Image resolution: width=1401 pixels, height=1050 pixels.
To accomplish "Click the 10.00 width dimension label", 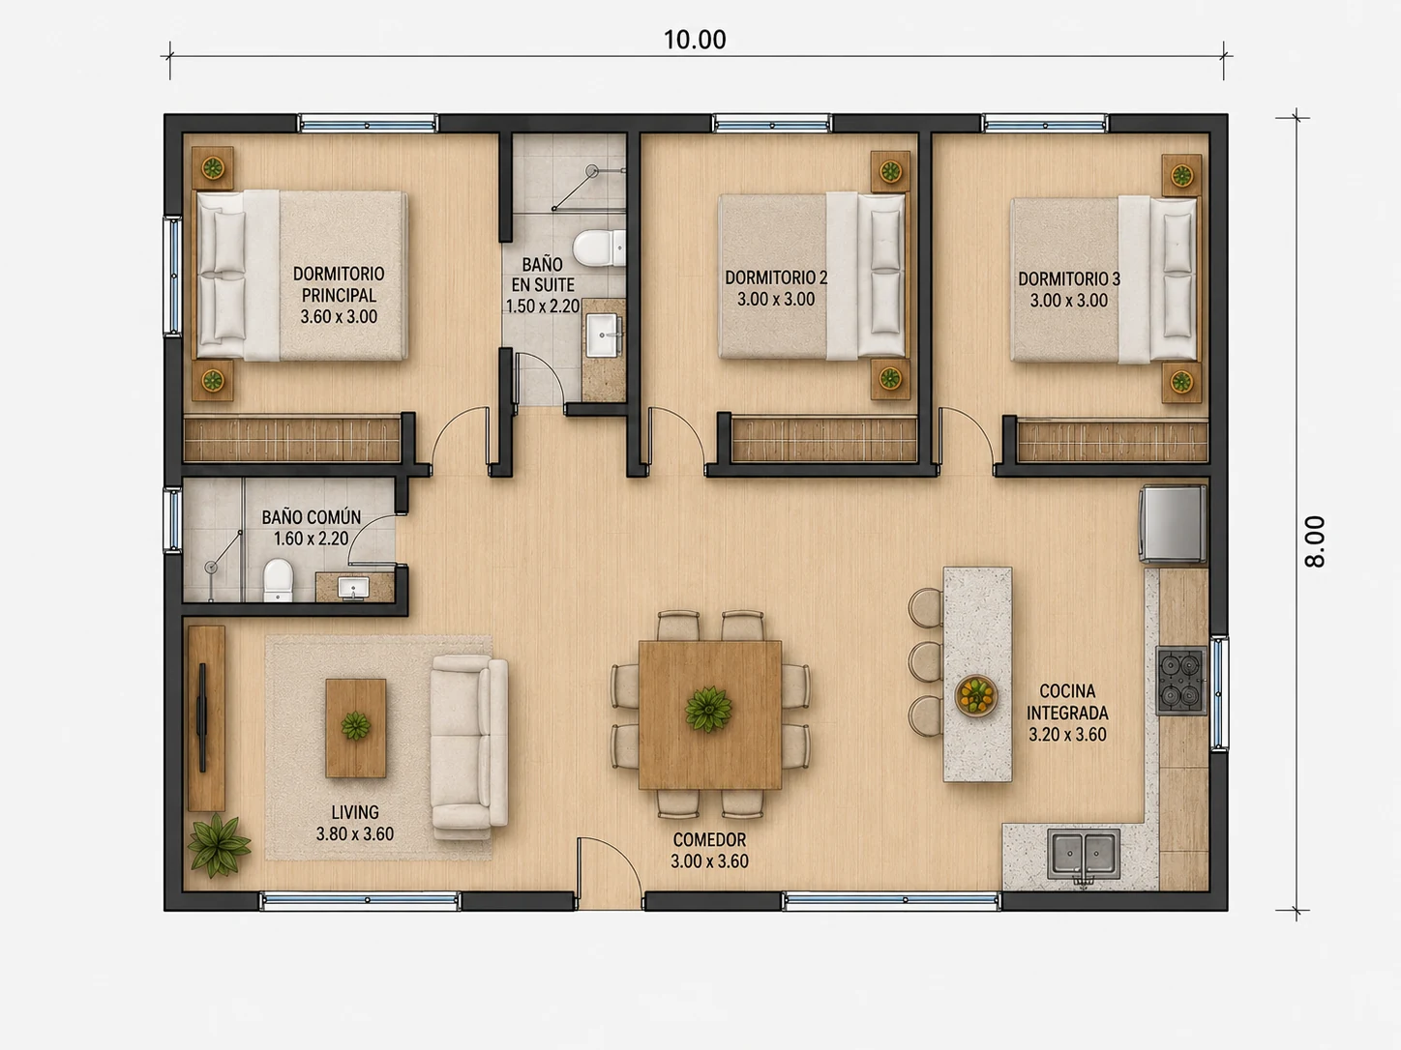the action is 695,40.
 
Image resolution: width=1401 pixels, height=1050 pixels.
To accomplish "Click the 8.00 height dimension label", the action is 1316,541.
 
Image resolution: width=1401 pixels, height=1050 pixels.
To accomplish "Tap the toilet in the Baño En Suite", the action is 599,248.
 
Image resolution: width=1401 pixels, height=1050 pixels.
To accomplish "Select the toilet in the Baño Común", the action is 279,580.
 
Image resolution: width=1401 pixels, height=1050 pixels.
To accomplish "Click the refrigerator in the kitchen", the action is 1173,524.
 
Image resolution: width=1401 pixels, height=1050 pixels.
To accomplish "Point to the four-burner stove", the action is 1180,681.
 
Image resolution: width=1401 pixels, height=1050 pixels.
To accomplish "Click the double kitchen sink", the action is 1083,854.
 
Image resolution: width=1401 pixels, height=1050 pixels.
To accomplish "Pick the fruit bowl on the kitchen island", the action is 976,695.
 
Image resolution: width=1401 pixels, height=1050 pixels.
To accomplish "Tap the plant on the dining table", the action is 708,709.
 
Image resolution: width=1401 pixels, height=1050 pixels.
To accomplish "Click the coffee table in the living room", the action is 355,727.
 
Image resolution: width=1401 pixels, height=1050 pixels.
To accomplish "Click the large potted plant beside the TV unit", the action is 219,845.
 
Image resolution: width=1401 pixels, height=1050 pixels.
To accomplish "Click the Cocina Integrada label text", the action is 1067,701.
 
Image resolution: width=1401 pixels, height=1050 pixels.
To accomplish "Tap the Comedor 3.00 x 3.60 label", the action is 709,851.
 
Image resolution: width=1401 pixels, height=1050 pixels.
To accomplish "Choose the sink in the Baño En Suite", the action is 602,335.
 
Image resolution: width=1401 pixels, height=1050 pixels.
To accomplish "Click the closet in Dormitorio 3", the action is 1113,440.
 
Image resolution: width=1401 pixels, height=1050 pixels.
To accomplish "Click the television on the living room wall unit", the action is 202,717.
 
